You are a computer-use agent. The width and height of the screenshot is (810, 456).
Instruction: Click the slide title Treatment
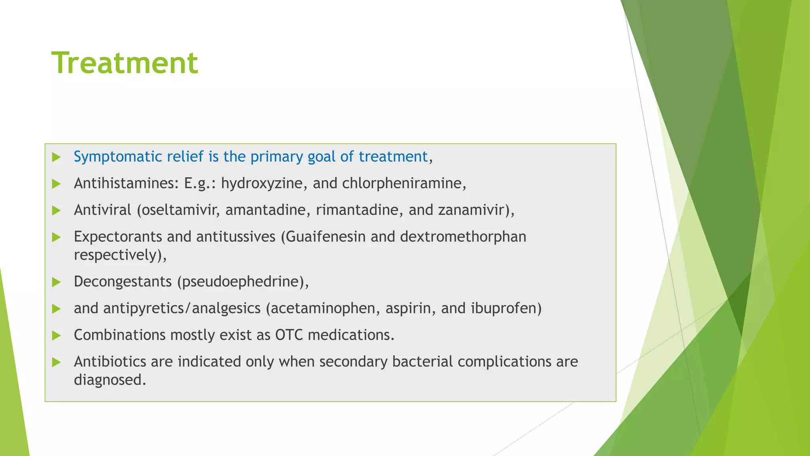125,63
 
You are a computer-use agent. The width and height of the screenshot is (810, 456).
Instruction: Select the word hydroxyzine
261,184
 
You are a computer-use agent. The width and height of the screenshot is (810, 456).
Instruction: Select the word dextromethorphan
463,237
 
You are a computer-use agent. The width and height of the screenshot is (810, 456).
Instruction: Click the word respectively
117,255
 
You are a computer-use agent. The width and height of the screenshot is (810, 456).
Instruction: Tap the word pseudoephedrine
240,282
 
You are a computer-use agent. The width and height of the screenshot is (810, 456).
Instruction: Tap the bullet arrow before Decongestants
57,282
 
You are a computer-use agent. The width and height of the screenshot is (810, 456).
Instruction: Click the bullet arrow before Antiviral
57,211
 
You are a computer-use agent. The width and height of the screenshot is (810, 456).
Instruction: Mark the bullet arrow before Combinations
57,336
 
